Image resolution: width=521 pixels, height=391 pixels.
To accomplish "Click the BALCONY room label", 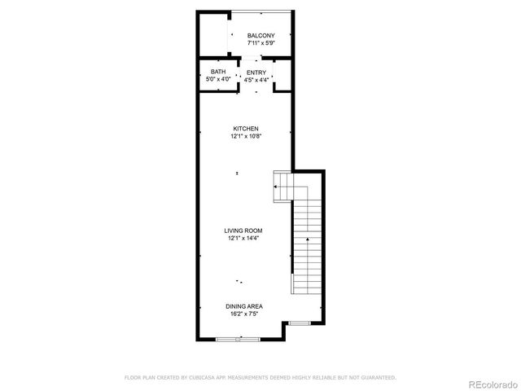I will (x=261, y=35).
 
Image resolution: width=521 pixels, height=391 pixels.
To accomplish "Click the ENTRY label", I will (x=256, y=72).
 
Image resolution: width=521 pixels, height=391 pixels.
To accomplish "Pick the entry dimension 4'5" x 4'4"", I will (x=256, y=80).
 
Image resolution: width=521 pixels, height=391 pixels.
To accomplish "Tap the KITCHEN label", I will (x=246, y=129).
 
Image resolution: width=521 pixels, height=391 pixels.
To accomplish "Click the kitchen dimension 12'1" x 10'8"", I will (x=246, y=136).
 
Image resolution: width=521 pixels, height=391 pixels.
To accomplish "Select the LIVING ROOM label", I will (x=243, y=231).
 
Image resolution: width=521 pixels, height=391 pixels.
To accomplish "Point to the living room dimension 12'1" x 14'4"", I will (x=243, y=238).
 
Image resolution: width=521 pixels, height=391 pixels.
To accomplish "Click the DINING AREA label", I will (x=244, y=306).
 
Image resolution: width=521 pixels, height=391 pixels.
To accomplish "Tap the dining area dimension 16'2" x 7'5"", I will (x=244, y=314).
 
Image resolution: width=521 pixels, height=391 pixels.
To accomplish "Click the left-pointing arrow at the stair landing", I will (x=278, y=187).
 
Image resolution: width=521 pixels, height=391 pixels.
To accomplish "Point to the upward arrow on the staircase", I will (x=307, y=241).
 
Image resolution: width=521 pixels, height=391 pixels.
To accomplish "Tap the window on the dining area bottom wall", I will (x=239, y=340).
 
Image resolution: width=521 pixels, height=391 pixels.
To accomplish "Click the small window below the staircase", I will (x=300, y=323).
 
